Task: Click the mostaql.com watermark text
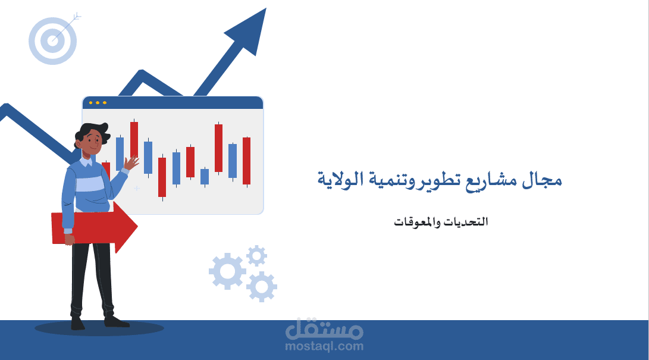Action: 324,346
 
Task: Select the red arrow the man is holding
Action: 95,227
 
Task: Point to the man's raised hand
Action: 131,162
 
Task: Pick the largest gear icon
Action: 227,271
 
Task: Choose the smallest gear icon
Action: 256,256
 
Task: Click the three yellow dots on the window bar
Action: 98,102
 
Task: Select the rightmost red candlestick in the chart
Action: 246,161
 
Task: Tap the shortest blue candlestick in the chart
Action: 205,176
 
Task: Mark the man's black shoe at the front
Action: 116,321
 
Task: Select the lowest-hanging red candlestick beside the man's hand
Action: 162,177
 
